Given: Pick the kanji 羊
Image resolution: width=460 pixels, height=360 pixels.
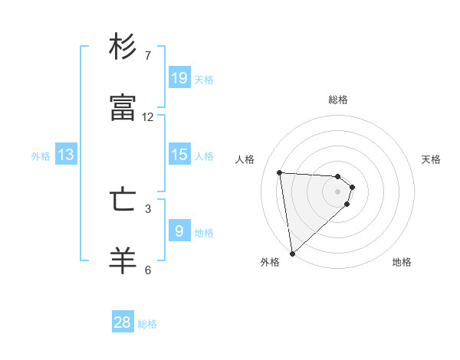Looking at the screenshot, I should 123,260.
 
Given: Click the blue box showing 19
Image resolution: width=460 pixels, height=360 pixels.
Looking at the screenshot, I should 179,77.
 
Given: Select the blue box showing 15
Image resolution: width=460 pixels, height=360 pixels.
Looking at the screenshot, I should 179,154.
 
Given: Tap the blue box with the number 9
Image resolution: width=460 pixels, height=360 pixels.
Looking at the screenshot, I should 179,231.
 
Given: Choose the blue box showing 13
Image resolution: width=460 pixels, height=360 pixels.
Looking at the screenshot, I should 66,155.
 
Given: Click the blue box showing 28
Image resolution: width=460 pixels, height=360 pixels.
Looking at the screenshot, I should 123,322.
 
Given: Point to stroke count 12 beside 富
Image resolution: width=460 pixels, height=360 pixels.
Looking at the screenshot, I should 148,117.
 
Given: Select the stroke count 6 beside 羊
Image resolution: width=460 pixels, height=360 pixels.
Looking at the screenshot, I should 148,269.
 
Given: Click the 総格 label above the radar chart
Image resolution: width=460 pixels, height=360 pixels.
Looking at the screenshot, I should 338,100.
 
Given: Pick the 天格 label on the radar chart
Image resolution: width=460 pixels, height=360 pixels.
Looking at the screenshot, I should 431,159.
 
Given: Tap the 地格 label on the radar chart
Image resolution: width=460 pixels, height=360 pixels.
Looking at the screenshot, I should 402,262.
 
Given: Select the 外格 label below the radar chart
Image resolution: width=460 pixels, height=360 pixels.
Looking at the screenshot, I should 270,262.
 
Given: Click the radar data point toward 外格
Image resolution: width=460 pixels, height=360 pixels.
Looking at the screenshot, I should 292,253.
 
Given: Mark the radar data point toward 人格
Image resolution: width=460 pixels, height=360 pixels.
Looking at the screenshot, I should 280,172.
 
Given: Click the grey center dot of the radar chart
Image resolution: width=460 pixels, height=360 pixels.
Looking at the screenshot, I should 338,191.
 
